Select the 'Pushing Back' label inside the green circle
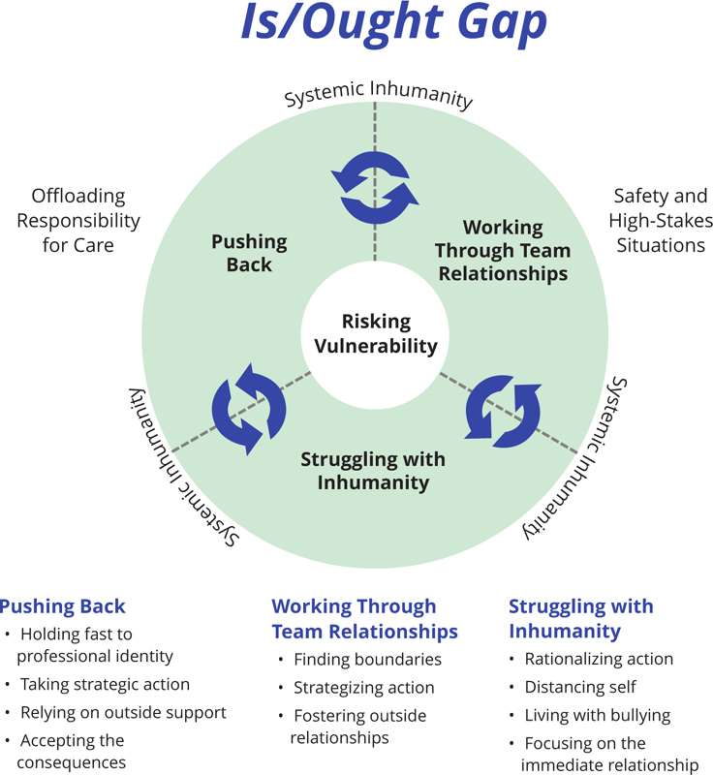(249, 253)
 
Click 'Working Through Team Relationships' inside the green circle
(502, 251)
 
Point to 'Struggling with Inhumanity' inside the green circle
(373, 470)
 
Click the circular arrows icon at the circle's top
(375, 188)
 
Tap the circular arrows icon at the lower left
(249, 408)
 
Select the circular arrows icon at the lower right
(503, 409)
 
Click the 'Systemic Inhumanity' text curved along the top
(378, 95)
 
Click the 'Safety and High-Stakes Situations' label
(660, 221)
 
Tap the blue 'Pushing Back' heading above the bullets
(62, 607)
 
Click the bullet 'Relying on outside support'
(123, 712)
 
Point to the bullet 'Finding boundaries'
(367, 660)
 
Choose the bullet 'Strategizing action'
(363, 688)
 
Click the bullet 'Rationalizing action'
(598, 659)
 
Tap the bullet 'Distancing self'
(579, 687)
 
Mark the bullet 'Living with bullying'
(597, 715)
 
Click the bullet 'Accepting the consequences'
(73, 751)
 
